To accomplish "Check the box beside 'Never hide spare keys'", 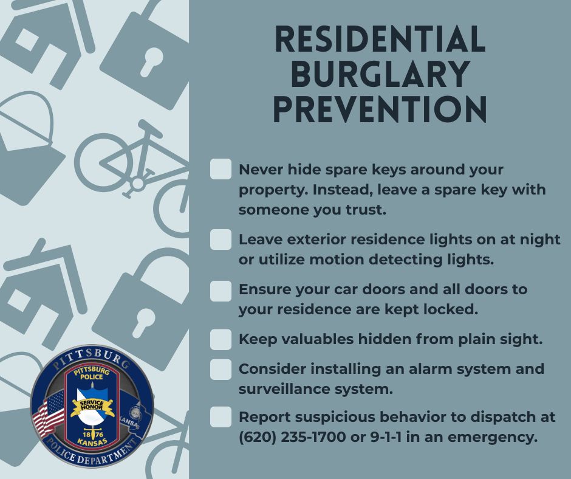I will pos(221,170).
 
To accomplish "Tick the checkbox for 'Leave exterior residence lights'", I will pos(221,239).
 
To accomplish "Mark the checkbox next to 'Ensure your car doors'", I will pos(221,291).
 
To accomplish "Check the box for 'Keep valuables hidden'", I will pos(221,339).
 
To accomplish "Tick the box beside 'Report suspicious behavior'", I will pos(221,418).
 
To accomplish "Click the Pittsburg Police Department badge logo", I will pos(92,407).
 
